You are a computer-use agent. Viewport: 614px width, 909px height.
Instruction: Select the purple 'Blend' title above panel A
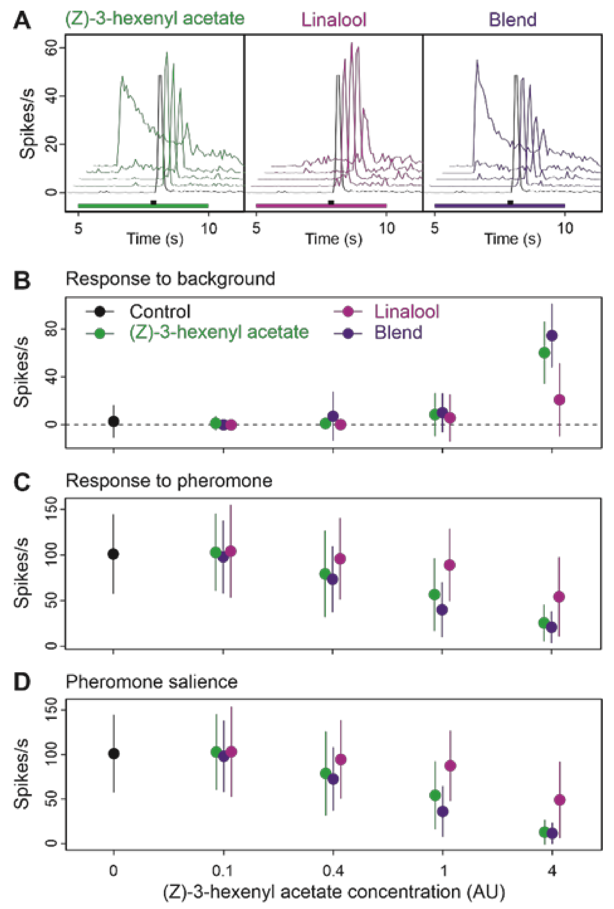click(x=512, y=19)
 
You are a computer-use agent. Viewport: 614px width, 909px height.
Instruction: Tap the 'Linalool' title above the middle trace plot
click(x=334, y=19)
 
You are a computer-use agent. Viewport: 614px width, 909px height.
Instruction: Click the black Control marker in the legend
click(x=100, y=312)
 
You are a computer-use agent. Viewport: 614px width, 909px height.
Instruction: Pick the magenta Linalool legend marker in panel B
click(x=348, y=312)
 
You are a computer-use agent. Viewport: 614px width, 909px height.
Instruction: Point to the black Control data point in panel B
click(x=113, y=421)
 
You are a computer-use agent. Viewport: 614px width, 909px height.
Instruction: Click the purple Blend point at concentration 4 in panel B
click(x=552, y=336)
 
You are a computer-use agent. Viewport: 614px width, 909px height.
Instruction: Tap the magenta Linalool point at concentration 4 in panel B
click(x=560, y=400)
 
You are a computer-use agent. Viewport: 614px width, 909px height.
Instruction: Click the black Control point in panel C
click(x=113, y=554)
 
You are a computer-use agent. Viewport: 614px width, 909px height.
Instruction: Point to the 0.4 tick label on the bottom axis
click(x=333, y=871)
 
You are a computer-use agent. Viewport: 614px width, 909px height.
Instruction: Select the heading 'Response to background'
click(x=170, y=279)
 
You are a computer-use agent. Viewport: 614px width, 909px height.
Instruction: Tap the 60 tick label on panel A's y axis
click(x=52, y=49)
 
